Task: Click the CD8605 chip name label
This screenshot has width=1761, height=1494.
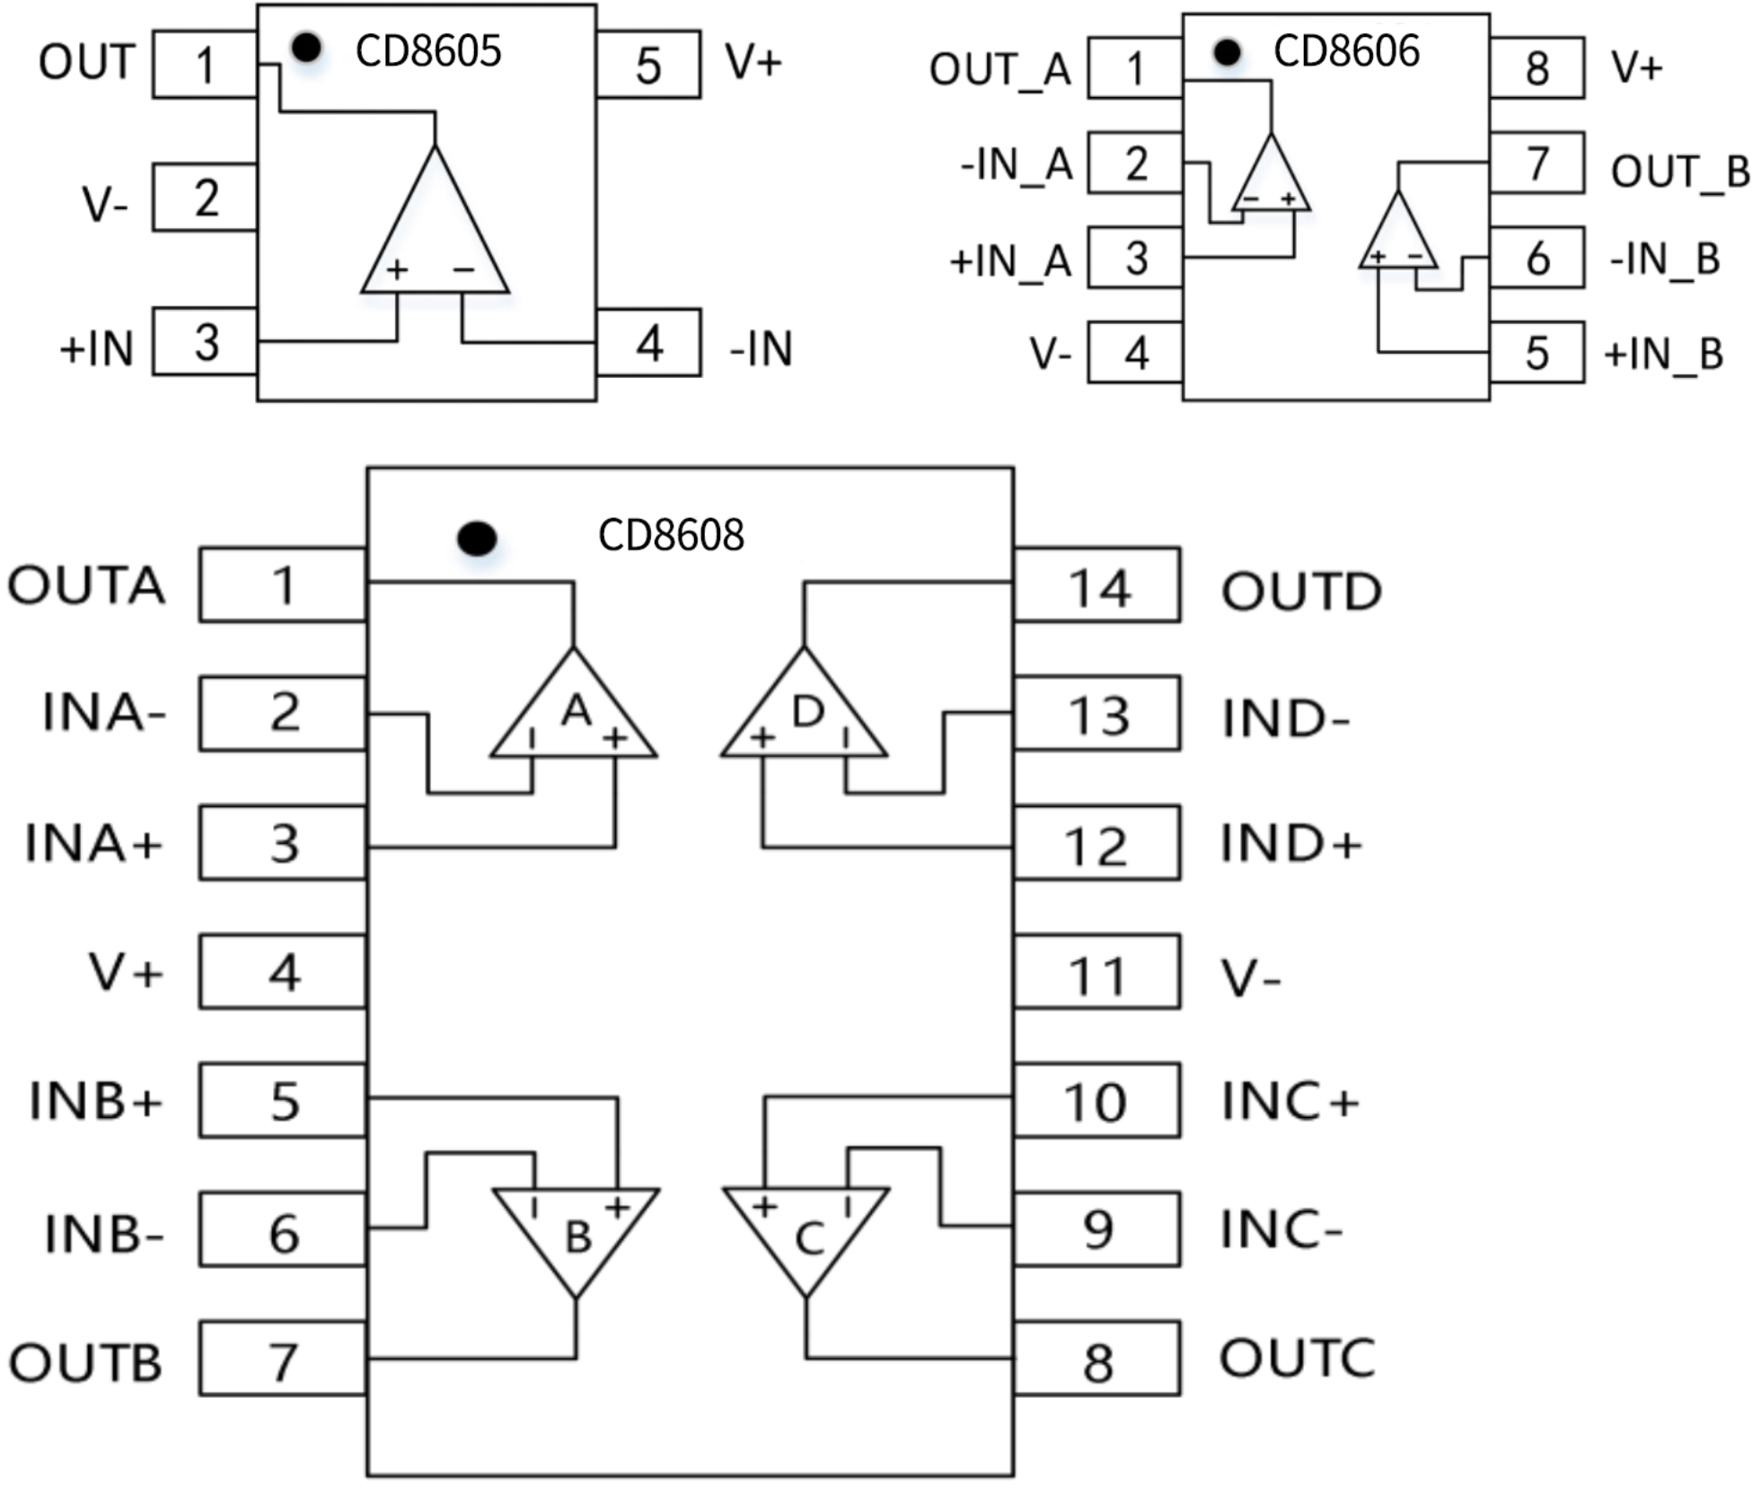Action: coord(427,51)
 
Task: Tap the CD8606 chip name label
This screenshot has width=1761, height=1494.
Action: coord(1345,51)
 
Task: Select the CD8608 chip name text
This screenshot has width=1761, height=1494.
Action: coord(670,535)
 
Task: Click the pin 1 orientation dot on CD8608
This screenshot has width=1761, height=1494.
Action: coord(477,538)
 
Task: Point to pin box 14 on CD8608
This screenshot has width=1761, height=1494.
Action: coord(1096,585)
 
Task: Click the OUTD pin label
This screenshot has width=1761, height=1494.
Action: coord(1301,592)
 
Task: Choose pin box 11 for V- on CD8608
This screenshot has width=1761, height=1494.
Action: coord(1096,972)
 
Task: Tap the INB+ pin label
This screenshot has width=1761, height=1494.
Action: coord(96,1101)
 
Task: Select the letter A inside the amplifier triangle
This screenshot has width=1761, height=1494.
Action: coord(577,711)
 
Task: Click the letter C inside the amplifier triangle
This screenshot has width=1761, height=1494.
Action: coord(809,1240)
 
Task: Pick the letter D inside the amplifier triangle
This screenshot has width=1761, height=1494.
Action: coord(807,712)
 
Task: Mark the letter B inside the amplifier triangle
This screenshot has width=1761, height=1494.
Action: coord(578,1238)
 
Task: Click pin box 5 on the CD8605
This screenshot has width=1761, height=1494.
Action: coord(648,65)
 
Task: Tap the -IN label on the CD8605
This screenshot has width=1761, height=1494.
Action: coord(762,348)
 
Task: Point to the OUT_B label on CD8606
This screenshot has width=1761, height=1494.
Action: coord(1680,171)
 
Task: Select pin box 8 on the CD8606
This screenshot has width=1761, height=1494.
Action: coord(1536,68)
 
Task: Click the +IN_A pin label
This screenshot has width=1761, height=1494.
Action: coord(1010,261)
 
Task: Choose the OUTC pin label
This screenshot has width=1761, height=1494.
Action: coord(1297,1358)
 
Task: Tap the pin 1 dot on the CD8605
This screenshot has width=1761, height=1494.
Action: coord(307,48)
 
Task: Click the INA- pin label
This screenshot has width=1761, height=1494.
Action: coord(104,713)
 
